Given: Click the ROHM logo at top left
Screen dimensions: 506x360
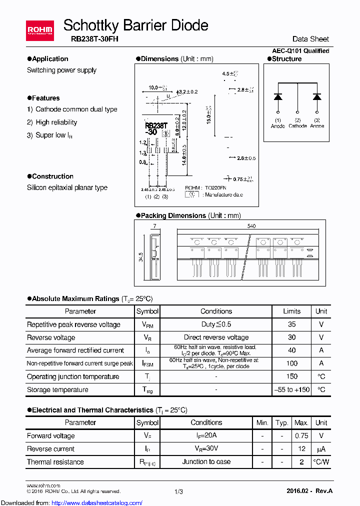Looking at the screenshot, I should (x=39, y=30).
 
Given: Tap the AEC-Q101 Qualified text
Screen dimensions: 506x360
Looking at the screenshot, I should (x=300, y=51).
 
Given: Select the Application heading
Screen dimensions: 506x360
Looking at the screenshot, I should (x=50, y=59).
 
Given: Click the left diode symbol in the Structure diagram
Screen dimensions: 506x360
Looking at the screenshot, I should (x=278, y=96).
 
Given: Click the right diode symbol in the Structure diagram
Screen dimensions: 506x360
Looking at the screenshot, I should (x=316, y=96).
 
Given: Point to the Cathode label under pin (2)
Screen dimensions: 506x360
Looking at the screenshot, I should (x=297, y=126).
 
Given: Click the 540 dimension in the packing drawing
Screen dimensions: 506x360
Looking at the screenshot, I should (x=251, y=226).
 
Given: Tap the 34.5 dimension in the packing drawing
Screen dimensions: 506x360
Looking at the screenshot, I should (x=141, y=257).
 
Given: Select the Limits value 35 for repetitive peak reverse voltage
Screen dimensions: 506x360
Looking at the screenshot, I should (x=292, y=324).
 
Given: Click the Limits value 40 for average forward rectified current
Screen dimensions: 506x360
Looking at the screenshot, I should (x=292, y=350).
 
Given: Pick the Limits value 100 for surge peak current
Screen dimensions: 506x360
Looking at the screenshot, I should (x=292, y=363).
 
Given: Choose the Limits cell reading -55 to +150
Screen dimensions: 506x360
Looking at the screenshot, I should (x=292, y=389).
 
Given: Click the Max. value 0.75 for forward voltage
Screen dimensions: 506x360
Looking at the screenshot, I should (x=301, y=435).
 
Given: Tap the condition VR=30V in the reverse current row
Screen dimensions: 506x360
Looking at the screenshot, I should (x=206, y=448).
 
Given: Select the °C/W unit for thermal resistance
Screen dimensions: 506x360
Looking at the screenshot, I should (x=321, y=462).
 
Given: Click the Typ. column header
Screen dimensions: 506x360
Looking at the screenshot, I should (x=282, y=422).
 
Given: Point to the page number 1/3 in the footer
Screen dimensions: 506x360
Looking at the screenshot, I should (x=178, y=492).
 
